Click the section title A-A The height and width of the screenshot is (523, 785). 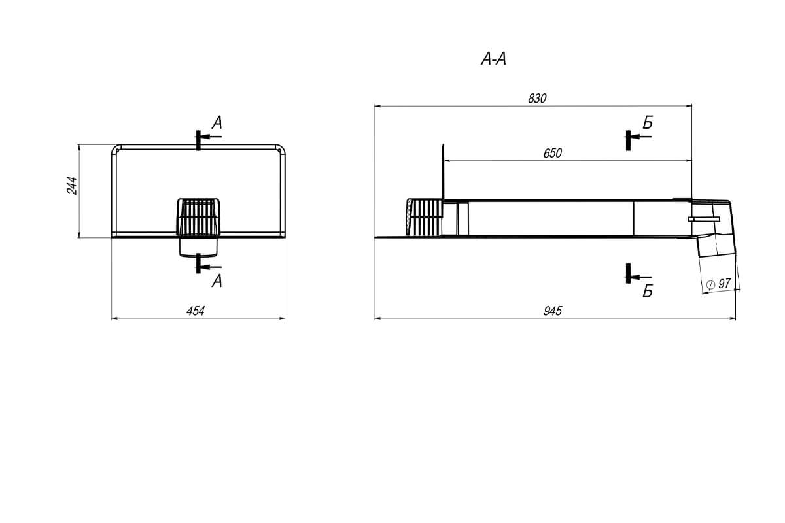(494, 60)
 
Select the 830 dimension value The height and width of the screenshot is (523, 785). (536, 98)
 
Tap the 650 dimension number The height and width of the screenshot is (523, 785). (553, 153)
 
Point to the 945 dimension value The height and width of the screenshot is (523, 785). (553, 311)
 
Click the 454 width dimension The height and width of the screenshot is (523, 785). (196, 311)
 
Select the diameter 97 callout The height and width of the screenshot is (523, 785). (720, 284)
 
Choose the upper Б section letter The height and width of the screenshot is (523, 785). (648, 122)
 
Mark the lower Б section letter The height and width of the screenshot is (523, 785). (648, 292)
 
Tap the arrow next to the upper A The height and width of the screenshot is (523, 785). (211, 137)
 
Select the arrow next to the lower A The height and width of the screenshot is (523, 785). (211, 266)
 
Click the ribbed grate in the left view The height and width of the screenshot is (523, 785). (197, 217)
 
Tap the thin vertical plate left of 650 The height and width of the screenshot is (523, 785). (444, 171)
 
